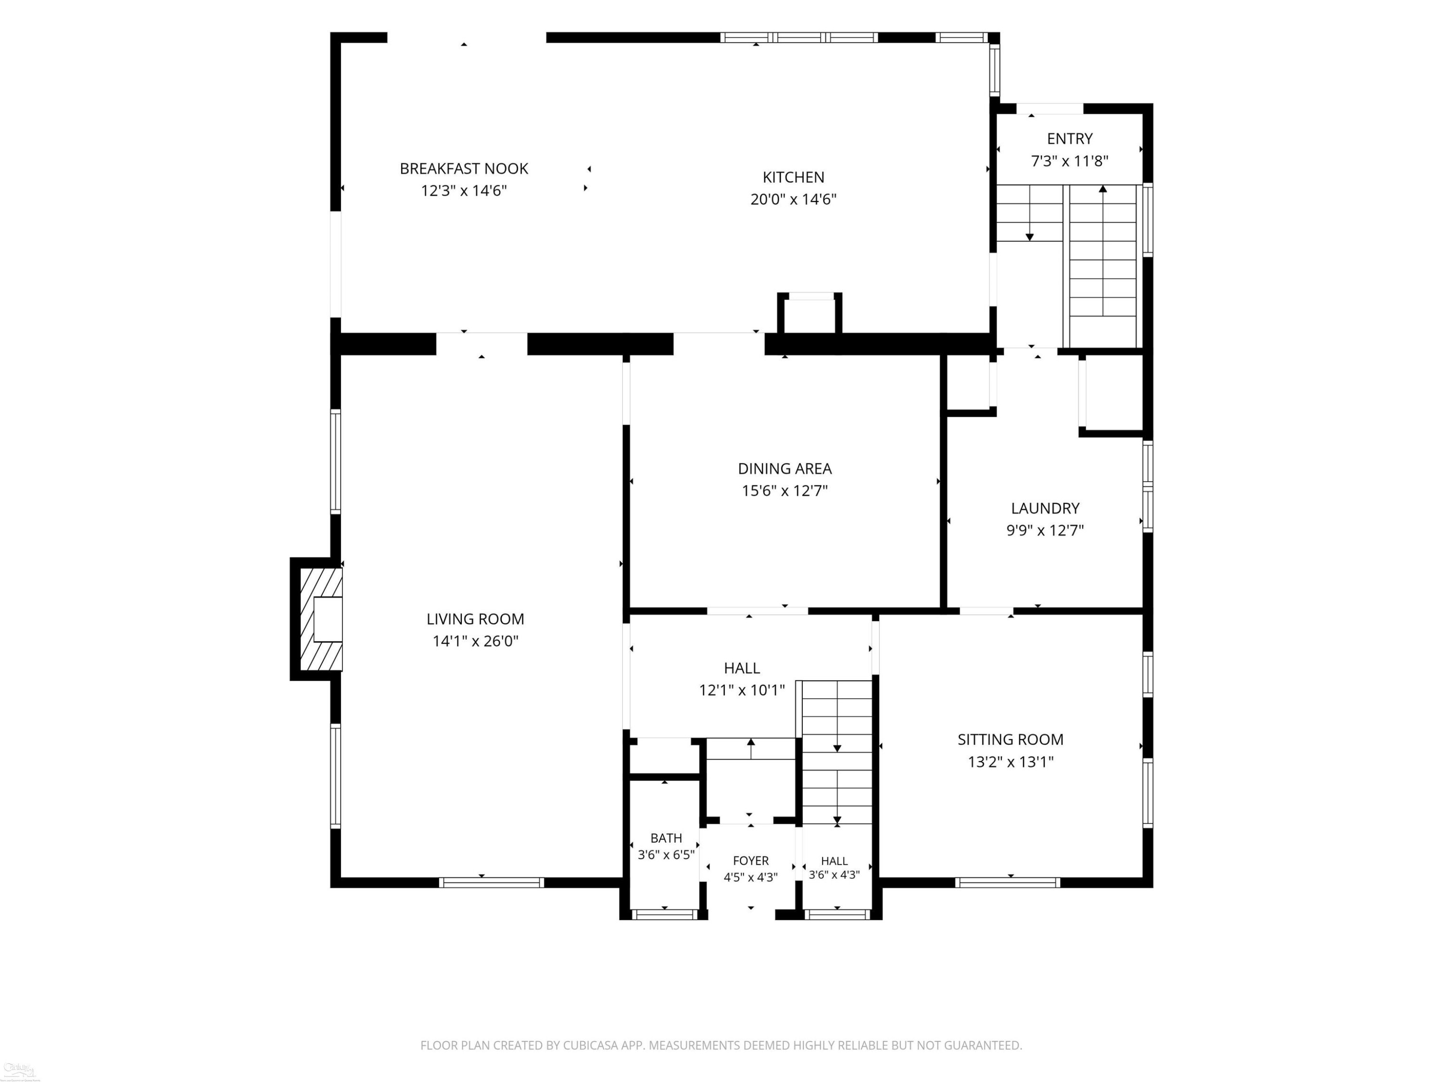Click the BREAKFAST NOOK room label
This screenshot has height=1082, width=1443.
point(464,168)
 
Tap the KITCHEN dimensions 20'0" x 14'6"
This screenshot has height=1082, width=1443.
point(793,199)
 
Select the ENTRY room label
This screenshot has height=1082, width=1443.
point(1070,138)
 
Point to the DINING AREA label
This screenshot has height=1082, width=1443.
point(785,468)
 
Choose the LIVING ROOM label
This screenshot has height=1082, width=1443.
point(476,619)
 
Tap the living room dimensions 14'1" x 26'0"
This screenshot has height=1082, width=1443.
point(476,641)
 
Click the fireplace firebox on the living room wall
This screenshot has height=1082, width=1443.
point(328,619)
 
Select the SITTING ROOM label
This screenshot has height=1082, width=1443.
point(1011,740)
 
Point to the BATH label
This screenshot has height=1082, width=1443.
point(666,838)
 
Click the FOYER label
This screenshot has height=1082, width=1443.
point(751,861)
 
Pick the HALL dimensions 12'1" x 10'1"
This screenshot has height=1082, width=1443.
point(742,690)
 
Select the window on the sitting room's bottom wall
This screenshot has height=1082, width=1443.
point(1008,883)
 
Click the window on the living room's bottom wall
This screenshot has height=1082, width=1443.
point(491,883)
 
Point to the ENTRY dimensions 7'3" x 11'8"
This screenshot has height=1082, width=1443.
point(1070,161)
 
